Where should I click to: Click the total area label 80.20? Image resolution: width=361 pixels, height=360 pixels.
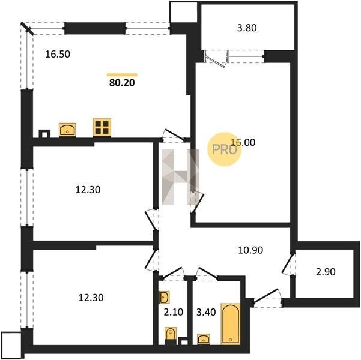click(122, 83)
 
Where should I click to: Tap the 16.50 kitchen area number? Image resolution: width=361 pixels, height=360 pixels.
click(58, 54)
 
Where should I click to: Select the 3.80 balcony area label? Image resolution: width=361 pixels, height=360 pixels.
click(247, 28)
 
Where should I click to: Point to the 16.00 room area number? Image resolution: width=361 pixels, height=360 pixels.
click(243, 142)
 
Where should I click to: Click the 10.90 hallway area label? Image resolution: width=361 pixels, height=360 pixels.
click(250, 250)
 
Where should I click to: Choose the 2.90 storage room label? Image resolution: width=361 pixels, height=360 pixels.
click(326, 272)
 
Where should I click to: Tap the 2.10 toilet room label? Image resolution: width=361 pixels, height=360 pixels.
click(174, 312)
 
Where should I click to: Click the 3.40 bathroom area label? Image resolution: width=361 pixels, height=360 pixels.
click(206, 312)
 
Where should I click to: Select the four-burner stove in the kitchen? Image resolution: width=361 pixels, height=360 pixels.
click(102, 128)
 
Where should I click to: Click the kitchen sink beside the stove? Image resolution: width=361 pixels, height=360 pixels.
click(67, 130)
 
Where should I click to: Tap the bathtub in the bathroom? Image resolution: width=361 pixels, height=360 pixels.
click(231, 324)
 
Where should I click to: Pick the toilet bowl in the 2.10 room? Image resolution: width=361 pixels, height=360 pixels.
click(171, 336)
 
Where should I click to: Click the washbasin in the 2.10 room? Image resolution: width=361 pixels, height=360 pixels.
click(164, 297)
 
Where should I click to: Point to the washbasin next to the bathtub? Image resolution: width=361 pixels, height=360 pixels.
click(204, 339)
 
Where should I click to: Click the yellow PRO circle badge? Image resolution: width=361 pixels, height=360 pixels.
click(225, 149)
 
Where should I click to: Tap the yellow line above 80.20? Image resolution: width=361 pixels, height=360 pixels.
click(122, 75)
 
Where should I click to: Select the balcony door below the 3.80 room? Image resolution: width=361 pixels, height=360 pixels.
click(217, 58)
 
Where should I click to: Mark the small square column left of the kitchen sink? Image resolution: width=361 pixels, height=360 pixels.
click(44, 134)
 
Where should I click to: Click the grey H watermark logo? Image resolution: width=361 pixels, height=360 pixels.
click(180, 177)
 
